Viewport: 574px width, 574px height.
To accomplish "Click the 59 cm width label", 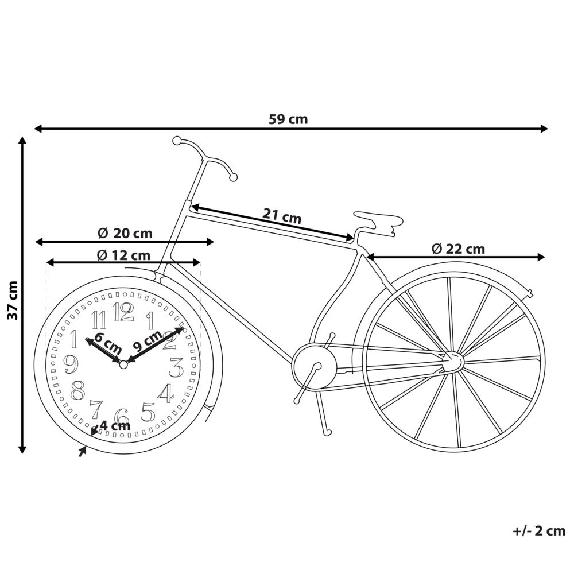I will [x=288, y=119].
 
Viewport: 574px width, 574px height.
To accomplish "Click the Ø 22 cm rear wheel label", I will [x=458, y=249].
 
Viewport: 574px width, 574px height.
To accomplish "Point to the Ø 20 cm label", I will [x=125, y=233].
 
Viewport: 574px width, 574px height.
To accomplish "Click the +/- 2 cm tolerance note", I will [x=538, y=531].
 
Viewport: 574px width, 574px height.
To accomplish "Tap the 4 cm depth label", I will [x=115, y=426].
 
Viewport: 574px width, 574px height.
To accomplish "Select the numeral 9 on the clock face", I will [x=70, y=363].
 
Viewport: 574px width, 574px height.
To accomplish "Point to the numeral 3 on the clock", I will [x=176, y=366].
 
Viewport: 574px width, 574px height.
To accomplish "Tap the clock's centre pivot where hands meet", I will [x=123, y=363].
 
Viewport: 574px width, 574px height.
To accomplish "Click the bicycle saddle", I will [x=376, y=220].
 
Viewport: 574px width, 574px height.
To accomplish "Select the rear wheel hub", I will [x=452, y=361].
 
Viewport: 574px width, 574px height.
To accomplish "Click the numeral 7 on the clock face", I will [x=96, y=409].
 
